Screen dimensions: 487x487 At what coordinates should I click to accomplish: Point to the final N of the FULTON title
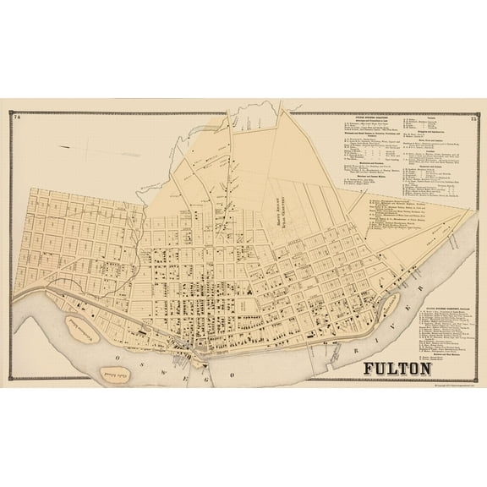425,369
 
